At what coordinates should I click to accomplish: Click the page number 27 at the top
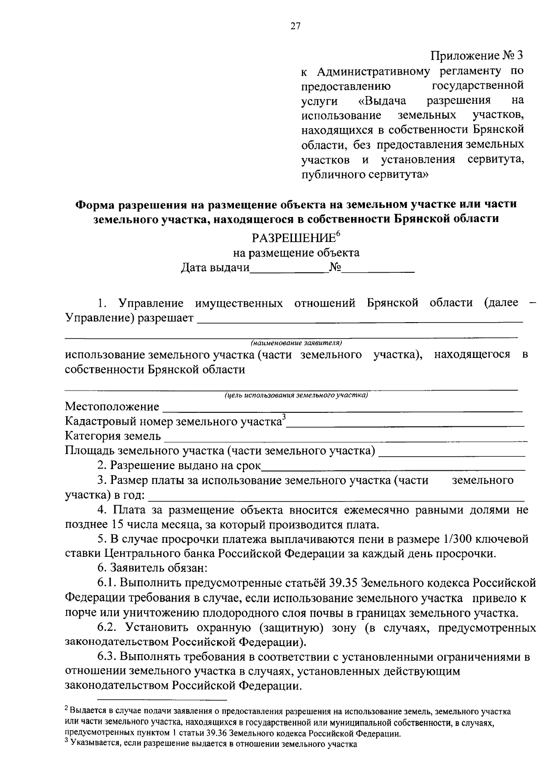point(295,26)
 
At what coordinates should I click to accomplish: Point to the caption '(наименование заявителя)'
point(296,343)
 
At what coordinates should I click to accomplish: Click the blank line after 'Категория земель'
point(345,439)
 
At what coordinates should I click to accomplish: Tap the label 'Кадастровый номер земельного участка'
point(173,421)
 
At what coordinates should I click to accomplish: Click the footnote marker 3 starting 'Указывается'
point(67,741)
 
